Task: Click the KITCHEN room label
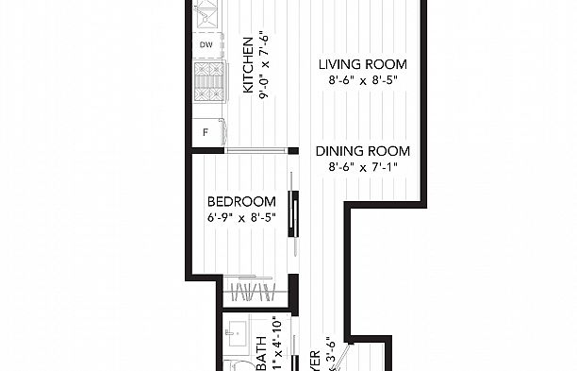[x=249, y=65]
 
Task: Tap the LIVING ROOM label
[x=362, y=64]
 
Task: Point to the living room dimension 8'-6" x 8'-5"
[x=362, y=82]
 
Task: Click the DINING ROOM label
[x=362, y=151]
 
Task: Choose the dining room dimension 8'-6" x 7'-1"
[x=362, y=168]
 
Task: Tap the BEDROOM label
[x=241, y=202]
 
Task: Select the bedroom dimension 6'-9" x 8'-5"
[x=241, y=219]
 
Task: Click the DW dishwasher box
[x=206, y=44]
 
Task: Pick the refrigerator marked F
[x=206, y=133]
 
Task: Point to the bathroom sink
[x=236, y=334]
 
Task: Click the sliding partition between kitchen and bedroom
[x=256, y=148]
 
